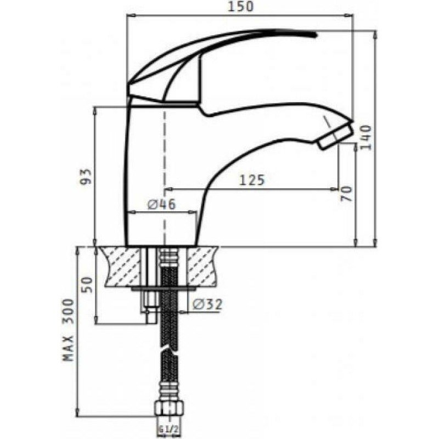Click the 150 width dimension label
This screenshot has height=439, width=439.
coord(240,7)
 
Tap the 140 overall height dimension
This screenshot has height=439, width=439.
coord(366,138)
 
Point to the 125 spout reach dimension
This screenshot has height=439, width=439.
coord(252,180)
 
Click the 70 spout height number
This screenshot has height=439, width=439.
coord(346,194)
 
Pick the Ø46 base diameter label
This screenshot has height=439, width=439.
coord(161,204)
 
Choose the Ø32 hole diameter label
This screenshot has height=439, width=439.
coord(207,305)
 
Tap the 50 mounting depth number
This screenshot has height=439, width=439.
coord(87,285)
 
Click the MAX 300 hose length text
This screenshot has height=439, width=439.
coord(68,330)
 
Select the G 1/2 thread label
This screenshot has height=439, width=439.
coord(168,429)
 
